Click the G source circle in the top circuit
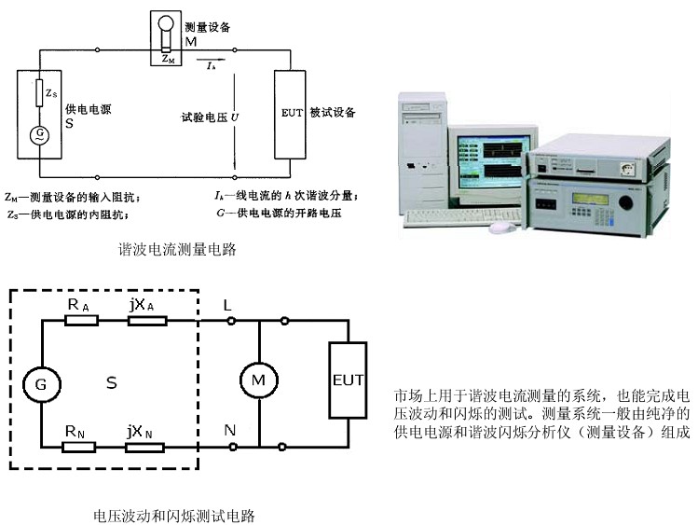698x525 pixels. (39, 133)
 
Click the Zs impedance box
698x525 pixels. (39, 93)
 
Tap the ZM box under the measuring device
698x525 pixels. (166, 58)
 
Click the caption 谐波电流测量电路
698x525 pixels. (177, 249)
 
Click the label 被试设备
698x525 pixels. (337, 111)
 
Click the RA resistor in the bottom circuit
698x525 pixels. (80, 321)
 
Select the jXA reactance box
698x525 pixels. (147, 321)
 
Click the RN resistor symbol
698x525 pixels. (80, 446)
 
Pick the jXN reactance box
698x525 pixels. (147, 446)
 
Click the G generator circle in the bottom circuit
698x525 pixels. (40, 384)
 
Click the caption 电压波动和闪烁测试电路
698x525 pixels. (174, 515)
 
